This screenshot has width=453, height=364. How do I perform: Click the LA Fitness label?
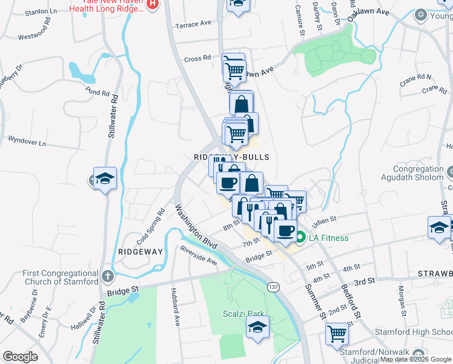pyautogui.click(x=329, y=237)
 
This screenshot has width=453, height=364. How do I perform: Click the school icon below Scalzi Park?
pyautogui.click(x=257, y=328)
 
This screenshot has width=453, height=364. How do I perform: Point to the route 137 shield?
pyautogui.click(x=274, y=287)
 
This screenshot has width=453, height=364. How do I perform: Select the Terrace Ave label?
pyautogui.click(x=193, y=24)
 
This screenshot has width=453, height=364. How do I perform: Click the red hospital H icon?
pyautogui.click(x=153, y=4)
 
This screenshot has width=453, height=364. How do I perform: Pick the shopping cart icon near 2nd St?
pyautogui.click(x=337, y=333)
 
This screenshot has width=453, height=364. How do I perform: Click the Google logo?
pyautogui.click(x=21, y=356)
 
